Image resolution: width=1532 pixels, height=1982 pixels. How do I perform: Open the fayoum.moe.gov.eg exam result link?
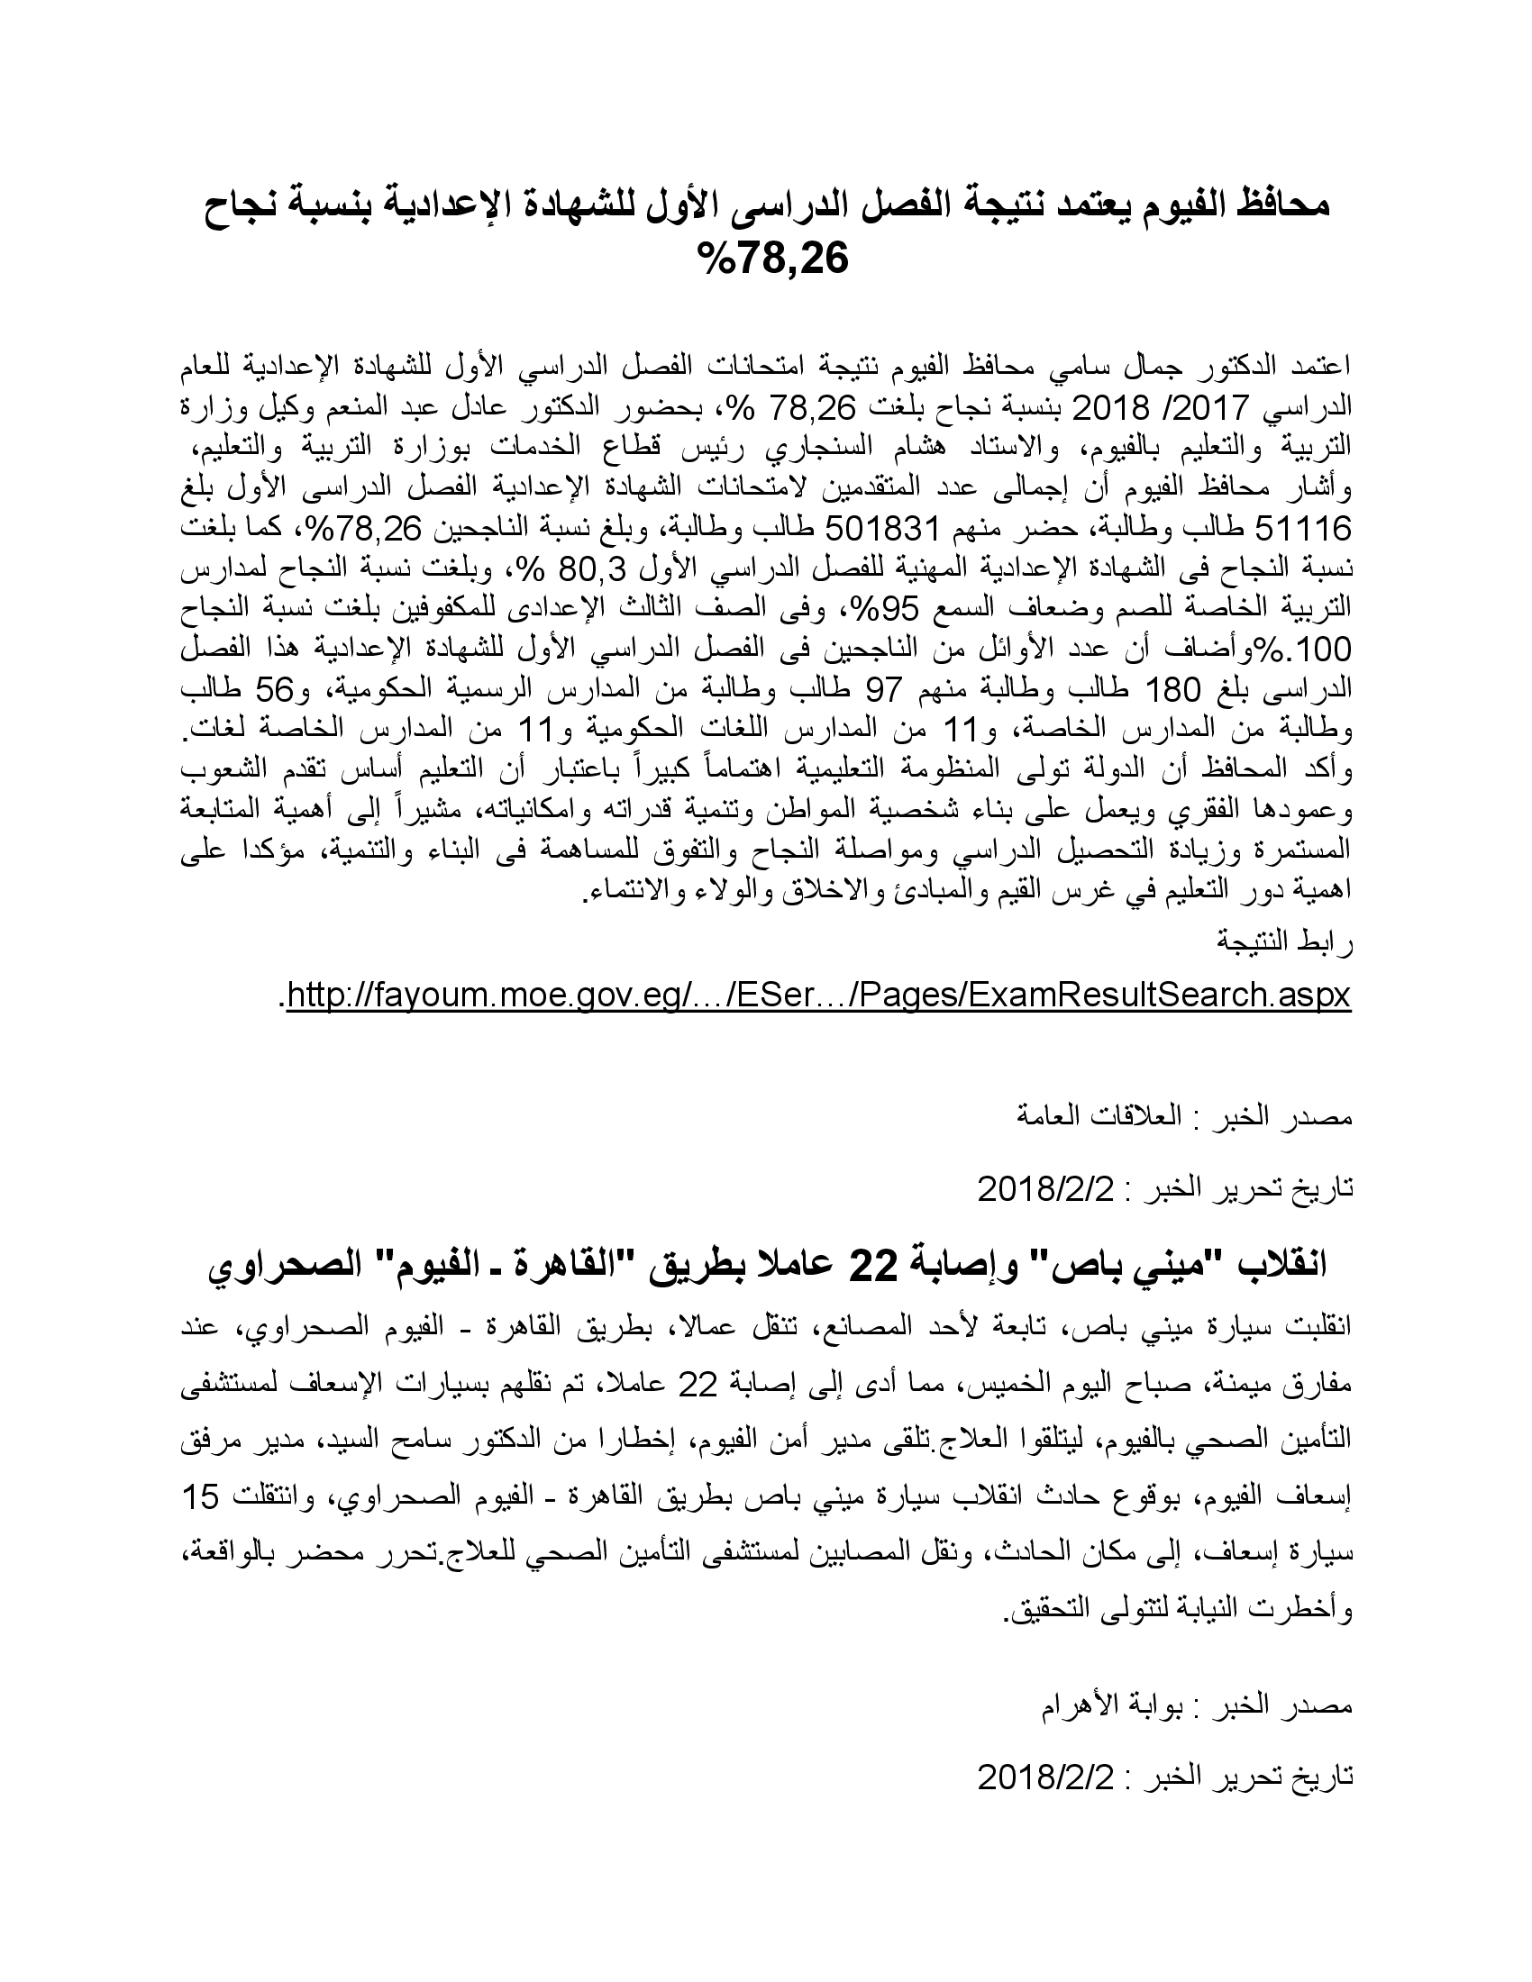click(818, 996)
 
